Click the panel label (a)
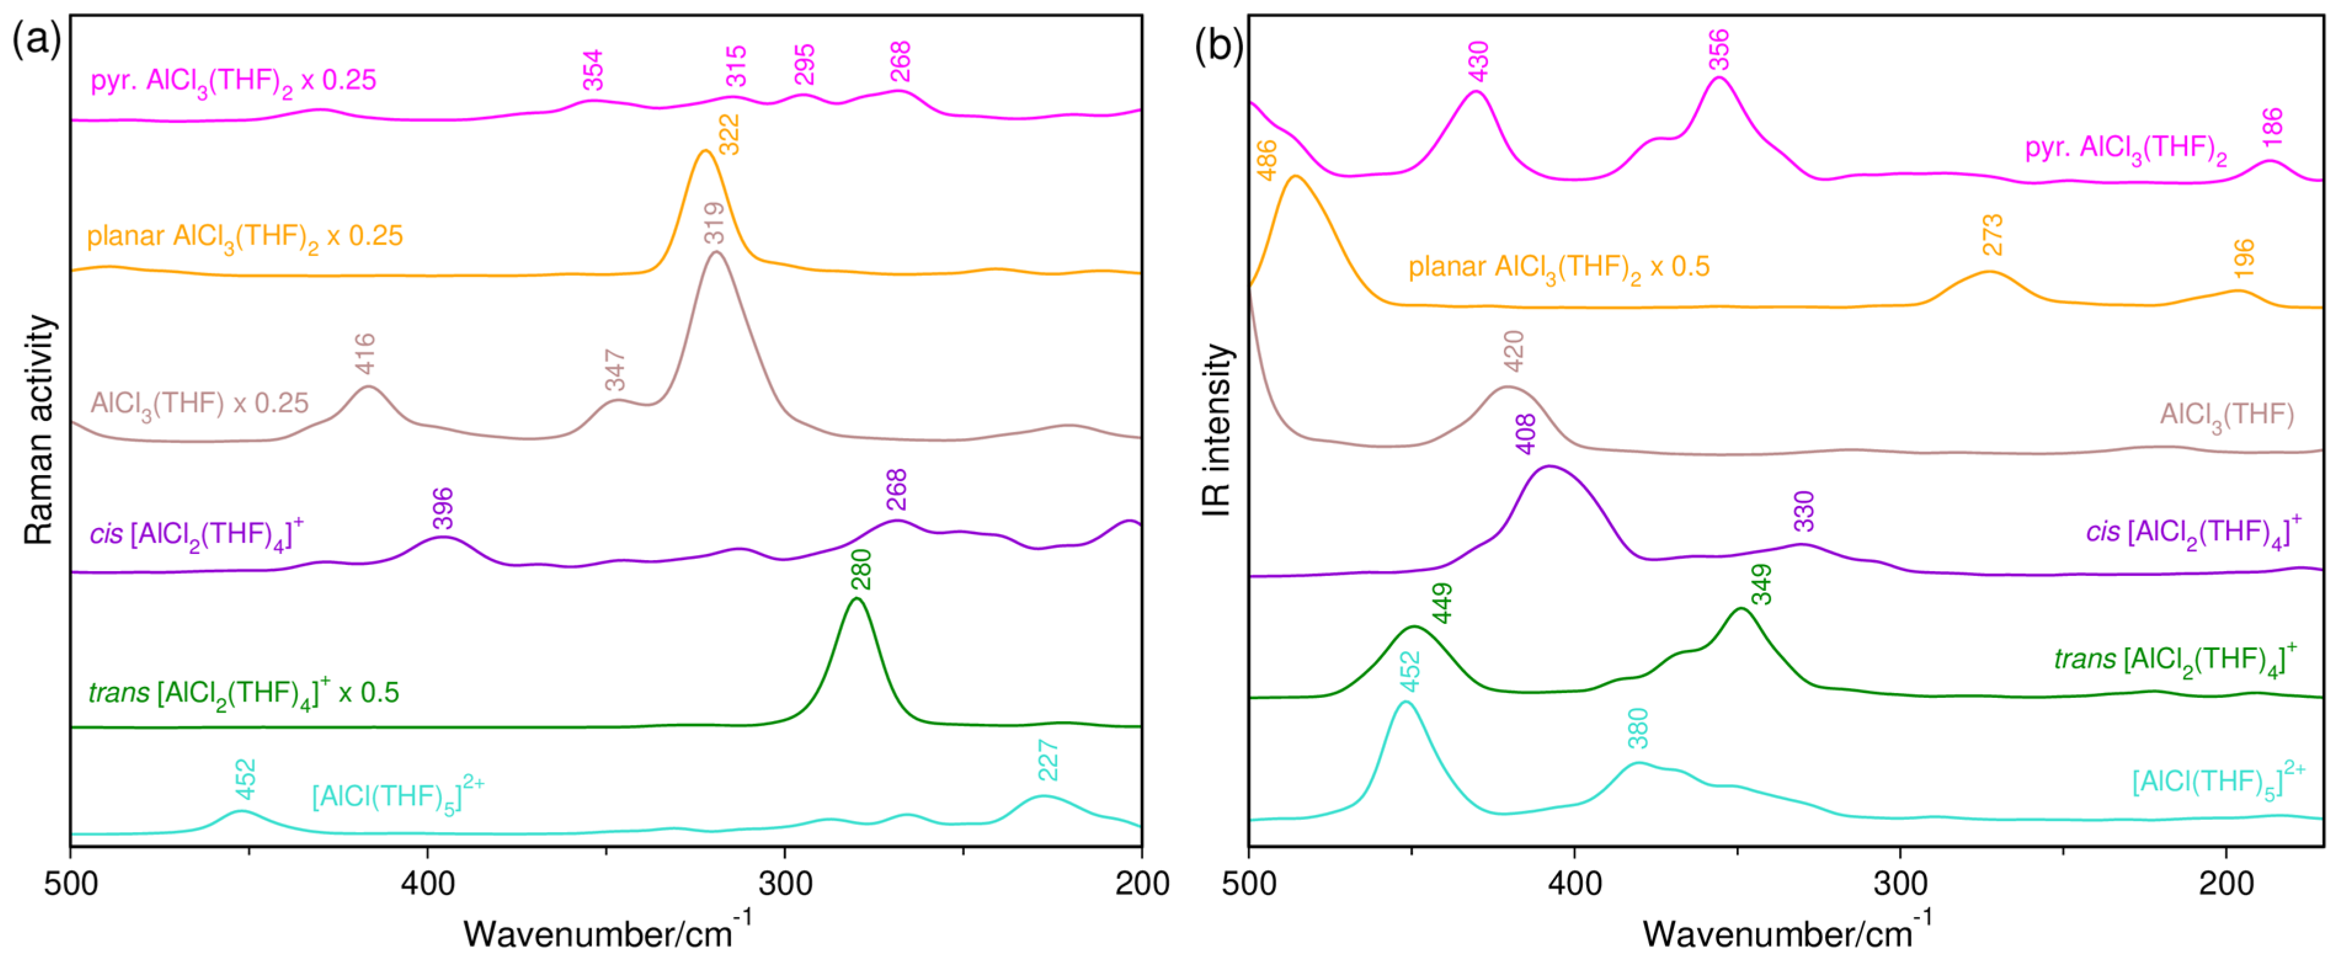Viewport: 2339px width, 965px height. pos(36,41)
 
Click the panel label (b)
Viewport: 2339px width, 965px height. pos(1218,44)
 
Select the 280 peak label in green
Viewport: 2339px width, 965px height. pos(861,569)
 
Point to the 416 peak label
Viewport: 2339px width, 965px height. pos(365,353)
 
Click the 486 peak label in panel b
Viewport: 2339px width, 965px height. pos(1266,160)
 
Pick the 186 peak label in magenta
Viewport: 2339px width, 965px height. pos(2273,127)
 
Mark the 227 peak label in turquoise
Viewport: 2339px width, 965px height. pos(1048,761)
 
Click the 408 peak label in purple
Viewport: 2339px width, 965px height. pos(1525,434)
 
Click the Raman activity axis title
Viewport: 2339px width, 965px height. pos(39,430)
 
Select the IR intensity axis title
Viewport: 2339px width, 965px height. pos(1217,430)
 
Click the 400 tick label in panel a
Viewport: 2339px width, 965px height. pos(428,883)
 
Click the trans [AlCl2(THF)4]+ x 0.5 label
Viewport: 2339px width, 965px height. pos(243,694)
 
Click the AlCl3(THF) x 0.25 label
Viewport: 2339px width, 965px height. pos(200,403)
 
